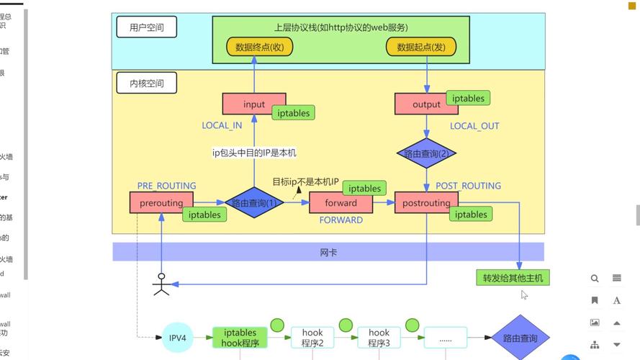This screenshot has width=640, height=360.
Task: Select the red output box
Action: click(421, 104)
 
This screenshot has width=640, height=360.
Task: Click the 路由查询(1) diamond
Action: click(254, 203)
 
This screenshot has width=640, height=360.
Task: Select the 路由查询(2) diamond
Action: click(427, 153)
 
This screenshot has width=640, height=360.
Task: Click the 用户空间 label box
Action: click(147, 28)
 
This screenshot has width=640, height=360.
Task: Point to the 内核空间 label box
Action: click(147, 84)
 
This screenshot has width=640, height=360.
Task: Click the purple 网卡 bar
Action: click(328, 252)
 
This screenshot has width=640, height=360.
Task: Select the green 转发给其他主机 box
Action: click(513, 278)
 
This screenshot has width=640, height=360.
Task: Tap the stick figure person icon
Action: click(161, 284)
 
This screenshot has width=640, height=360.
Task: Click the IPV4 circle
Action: click(178, 338)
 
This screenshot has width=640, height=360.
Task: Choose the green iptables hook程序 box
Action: click(240, 338)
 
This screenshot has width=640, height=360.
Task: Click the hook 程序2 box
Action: click(312, 338)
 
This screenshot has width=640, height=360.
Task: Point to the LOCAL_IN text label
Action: click(222, 125)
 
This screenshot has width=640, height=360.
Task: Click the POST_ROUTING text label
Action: click(468, 186)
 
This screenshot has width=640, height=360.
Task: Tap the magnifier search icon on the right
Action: click(595, 279)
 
